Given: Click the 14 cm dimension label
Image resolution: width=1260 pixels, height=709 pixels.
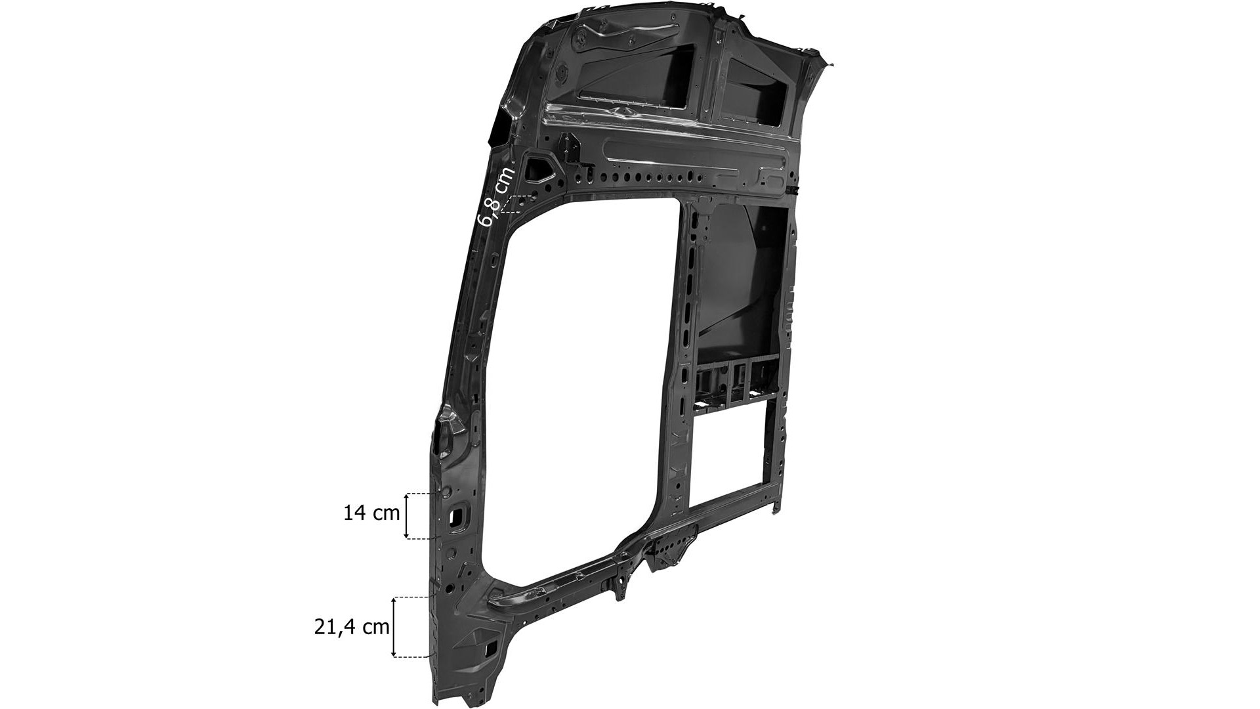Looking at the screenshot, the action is (x=371, y=513).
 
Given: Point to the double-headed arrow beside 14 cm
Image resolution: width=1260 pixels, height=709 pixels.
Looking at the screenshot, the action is (x=407, y=515).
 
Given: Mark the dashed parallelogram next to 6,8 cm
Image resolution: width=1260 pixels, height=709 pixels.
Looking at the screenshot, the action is (x=518, y=204).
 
